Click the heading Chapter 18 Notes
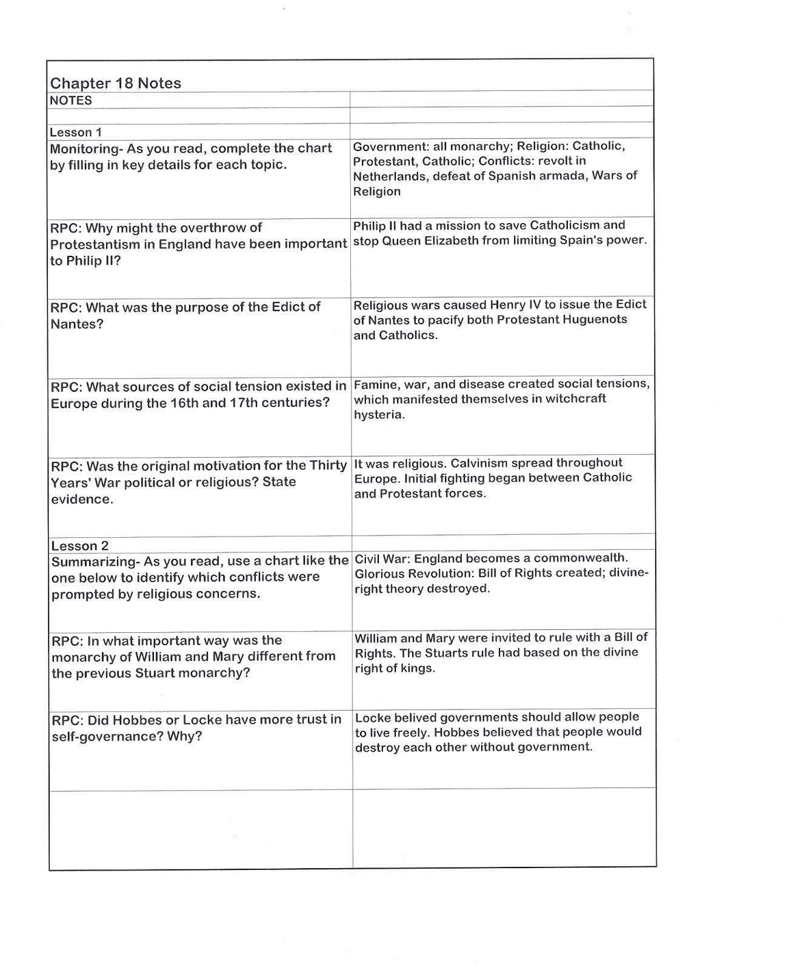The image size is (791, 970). point(116,84)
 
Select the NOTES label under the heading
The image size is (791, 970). point(71,101)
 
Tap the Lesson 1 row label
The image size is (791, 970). point(76,132)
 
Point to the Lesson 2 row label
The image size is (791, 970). point(80,546)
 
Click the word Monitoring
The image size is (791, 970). point(84,149)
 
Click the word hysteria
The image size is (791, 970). point(379,415)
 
